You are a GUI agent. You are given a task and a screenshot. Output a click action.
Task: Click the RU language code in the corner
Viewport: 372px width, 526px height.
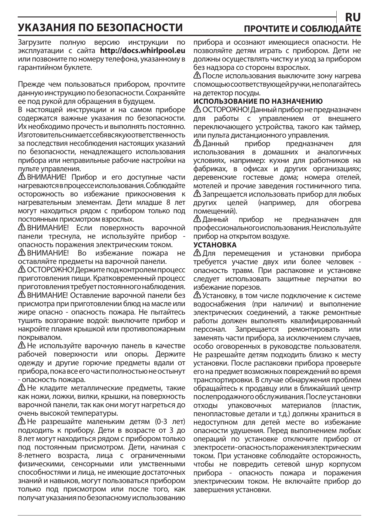(353, 17)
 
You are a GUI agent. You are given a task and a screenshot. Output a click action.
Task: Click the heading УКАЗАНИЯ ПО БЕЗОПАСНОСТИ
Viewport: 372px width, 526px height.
(100, 28)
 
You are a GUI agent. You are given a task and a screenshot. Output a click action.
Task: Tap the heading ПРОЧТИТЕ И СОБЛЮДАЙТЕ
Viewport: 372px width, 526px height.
(302, 29)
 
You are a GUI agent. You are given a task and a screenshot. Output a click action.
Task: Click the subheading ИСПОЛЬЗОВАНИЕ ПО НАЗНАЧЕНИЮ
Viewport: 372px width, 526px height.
(258, 101)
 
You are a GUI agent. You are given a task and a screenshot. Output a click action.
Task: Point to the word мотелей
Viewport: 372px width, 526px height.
(206, 186)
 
